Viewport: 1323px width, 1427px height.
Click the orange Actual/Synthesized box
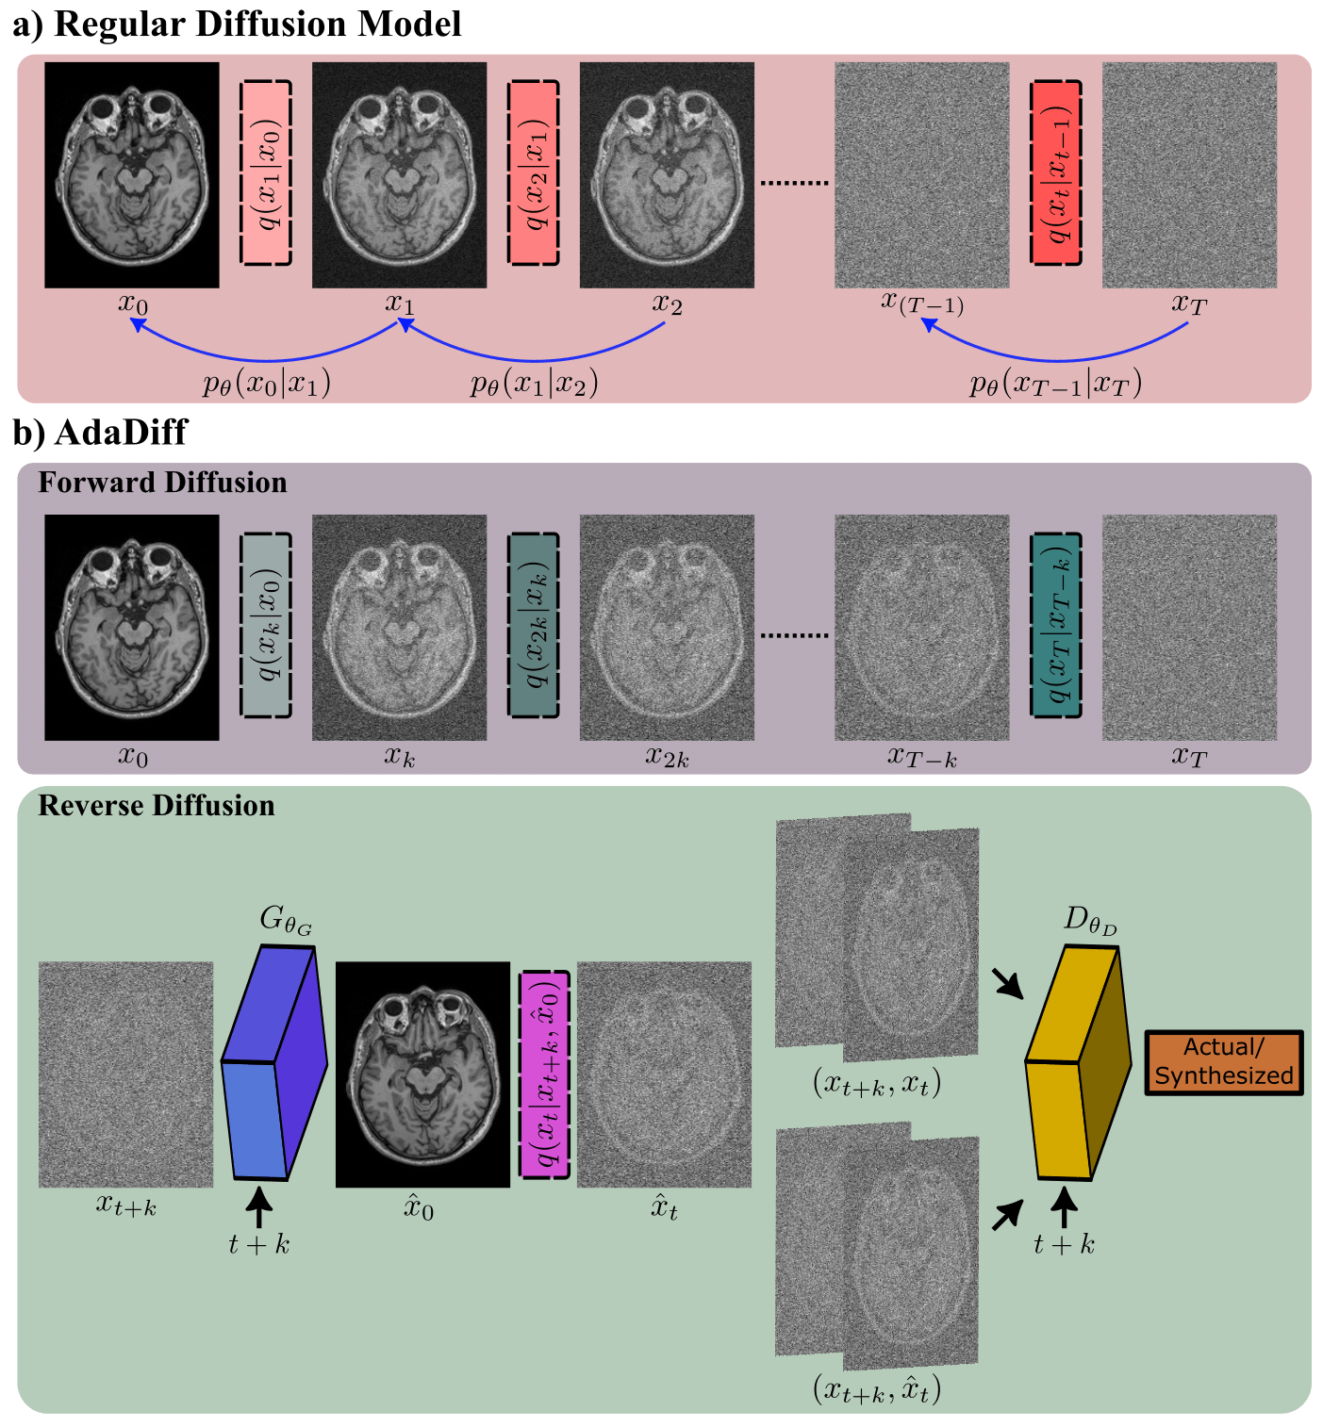pyautogui.click(x=1224, y=1062)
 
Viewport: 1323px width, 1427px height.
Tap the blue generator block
pyautogui.click(x=273, y=1065)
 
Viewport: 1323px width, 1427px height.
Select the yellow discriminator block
pyautogui.click(x=1077, y=1065)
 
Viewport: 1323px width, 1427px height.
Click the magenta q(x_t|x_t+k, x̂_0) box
pyautogui.click(x=545, y=1074)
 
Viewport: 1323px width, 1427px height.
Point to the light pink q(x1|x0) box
pyautogui.click(x=266, y=172)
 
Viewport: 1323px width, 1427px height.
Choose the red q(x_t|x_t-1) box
pyautogui.click(x=1055, y=172)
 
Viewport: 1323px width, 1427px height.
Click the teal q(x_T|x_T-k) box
pyautogui.click(x=1055, y=626)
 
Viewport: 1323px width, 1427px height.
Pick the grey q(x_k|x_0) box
pyautogui.click(x=266, y=626)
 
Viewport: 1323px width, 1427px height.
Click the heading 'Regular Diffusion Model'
pyautogui.click(x=256, y=24)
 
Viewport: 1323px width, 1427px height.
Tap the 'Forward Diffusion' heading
pyautogui.click(x=162, y=483)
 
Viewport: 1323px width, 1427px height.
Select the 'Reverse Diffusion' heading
pyautogui.click(x=157, y=806)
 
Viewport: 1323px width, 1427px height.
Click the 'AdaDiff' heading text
pyautogui.click(x=121, y=432)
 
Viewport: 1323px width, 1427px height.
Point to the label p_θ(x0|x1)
pyautogui.click(x=267, y=384)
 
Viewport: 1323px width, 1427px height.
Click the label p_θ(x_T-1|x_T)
pyautogui.click(x=1055, y=384)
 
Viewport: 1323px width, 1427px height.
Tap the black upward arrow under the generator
pyautogui.click(x=258, y=1206)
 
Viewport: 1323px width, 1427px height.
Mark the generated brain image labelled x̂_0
pyautogui.click(x=422, y=1074)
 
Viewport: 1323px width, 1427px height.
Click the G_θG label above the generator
pyautogui.click(x=285, y=920)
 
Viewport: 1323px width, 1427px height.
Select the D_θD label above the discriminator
pyautogui.click(x=1089, y=920)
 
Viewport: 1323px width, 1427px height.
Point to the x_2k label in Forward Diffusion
pyautogui.click(x=667, y=758)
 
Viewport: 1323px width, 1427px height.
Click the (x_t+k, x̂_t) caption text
pyautogui.click(x=877, y=1389)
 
